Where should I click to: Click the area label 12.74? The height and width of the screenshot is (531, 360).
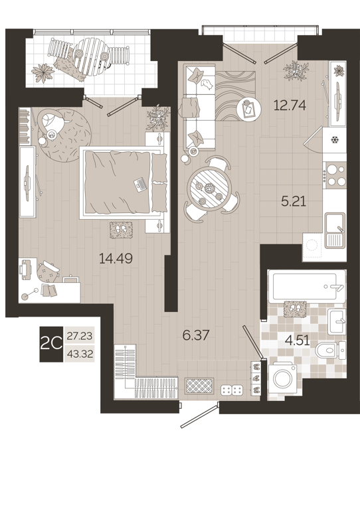[290, 104]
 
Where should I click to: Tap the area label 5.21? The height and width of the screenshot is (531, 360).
[294, 201]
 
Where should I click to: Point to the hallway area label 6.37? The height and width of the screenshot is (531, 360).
[196, 335]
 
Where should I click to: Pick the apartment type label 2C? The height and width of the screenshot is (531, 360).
[52, 344]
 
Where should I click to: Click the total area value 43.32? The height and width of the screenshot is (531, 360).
[80, 353]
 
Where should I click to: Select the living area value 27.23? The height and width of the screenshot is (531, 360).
[80, 337]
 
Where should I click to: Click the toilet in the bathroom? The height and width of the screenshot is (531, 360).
[331, 350]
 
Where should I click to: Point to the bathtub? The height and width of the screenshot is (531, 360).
[306, 285]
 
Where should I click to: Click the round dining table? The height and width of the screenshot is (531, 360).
[211, 188]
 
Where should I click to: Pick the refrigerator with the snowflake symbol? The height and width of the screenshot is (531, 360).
[334, 140]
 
